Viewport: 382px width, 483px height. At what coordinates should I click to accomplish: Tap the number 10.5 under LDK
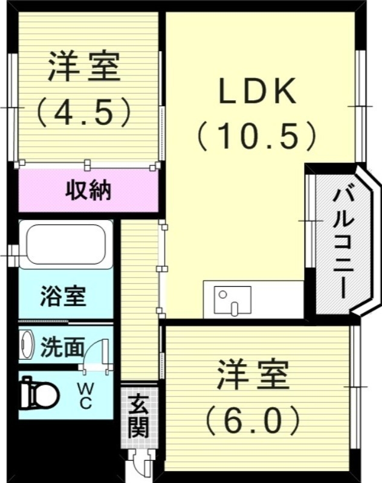point(257,136)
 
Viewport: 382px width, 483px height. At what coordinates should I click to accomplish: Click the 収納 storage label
point(88,191)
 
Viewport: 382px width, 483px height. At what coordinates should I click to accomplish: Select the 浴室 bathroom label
point(63,296)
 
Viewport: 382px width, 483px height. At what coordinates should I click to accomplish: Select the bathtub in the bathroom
point(65,245)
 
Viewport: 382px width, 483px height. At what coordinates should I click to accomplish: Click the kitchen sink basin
point(232,299)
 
